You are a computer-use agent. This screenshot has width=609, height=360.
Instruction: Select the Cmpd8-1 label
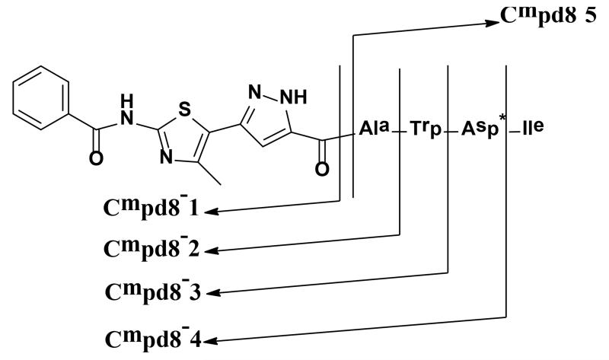(x=151, y=207)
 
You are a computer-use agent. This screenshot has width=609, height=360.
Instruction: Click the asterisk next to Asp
(x=503, y=120)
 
